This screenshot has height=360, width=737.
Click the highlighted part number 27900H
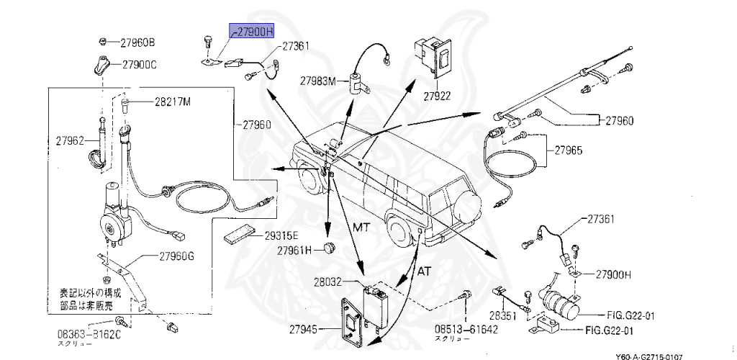(x=252, y=32)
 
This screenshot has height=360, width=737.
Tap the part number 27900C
(x=139, y=65)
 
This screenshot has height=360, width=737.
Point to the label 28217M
(x=172, y=102)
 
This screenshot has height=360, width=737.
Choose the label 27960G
(x=176, y=256)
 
